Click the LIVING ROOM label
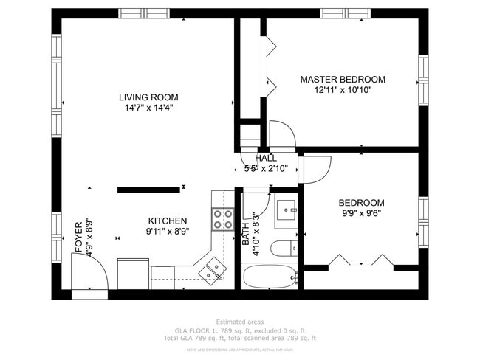pyautogui.click(x=148, y=97)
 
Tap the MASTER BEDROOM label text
pyautogui.click(x=342, y=79)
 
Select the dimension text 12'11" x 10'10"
pyautogui.click(x=342, y=90)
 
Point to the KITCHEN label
pyautogui.click(x=168, y=221)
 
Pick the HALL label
pyautogui.click(x=266, y=158)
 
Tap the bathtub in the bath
pyautogui.click(x=270, y=277)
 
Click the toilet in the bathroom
pyautogui.click(x=283, y=247)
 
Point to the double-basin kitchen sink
pyautogui.click(x=213, y=269)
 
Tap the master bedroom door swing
pyautogui.click(x=281, y=136)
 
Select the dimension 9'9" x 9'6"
pyautogui.click(x=361, y=214)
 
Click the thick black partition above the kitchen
pyautogui.click(x=148, y=190)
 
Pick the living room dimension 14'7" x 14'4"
pyautogui.click(x=148, y=108)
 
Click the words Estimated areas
pyautogui.click(x=239, y=322)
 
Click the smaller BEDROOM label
pyautogui.click(x=361, y=203)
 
